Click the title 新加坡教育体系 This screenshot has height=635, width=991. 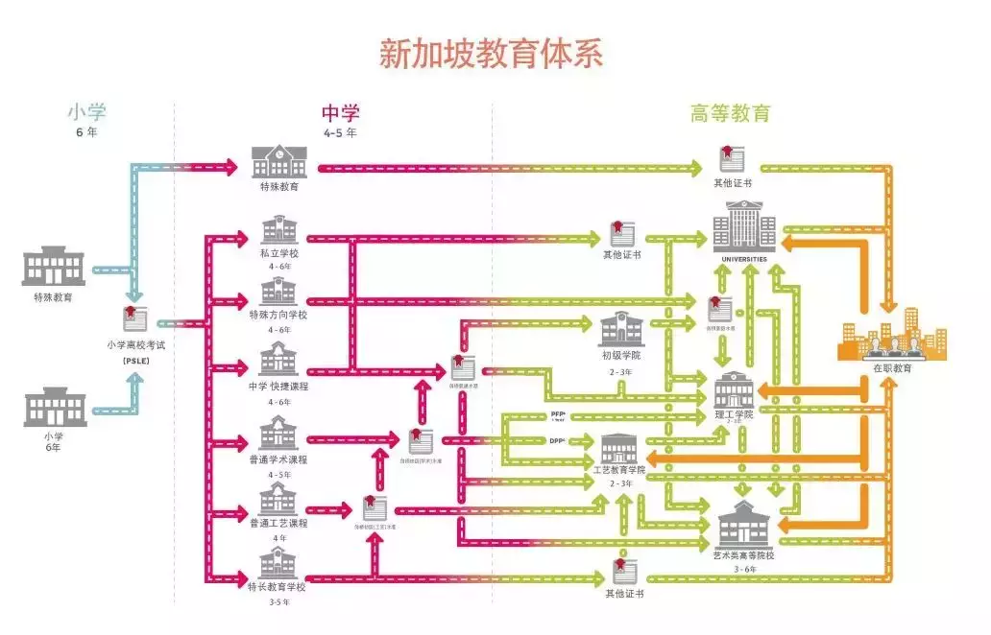(x=491, y=53)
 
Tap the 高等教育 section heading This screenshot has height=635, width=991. (x=730, y=113)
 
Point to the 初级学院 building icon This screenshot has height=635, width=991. (x=619, y=328)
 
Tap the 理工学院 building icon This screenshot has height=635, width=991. (x=735, y=388)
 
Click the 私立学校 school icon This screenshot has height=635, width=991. (x=279, y=231)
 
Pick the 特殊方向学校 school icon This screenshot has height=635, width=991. (x=279, y=292)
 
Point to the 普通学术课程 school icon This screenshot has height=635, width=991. (x=279, y=434)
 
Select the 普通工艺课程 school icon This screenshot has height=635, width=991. (x=279, y=498)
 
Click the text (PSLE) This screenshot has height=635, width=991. (x=134, y=360)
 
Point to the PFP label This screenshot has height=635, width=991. (x=557, y=414)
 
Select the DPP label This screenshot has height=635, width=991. (x=557, y=440)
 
